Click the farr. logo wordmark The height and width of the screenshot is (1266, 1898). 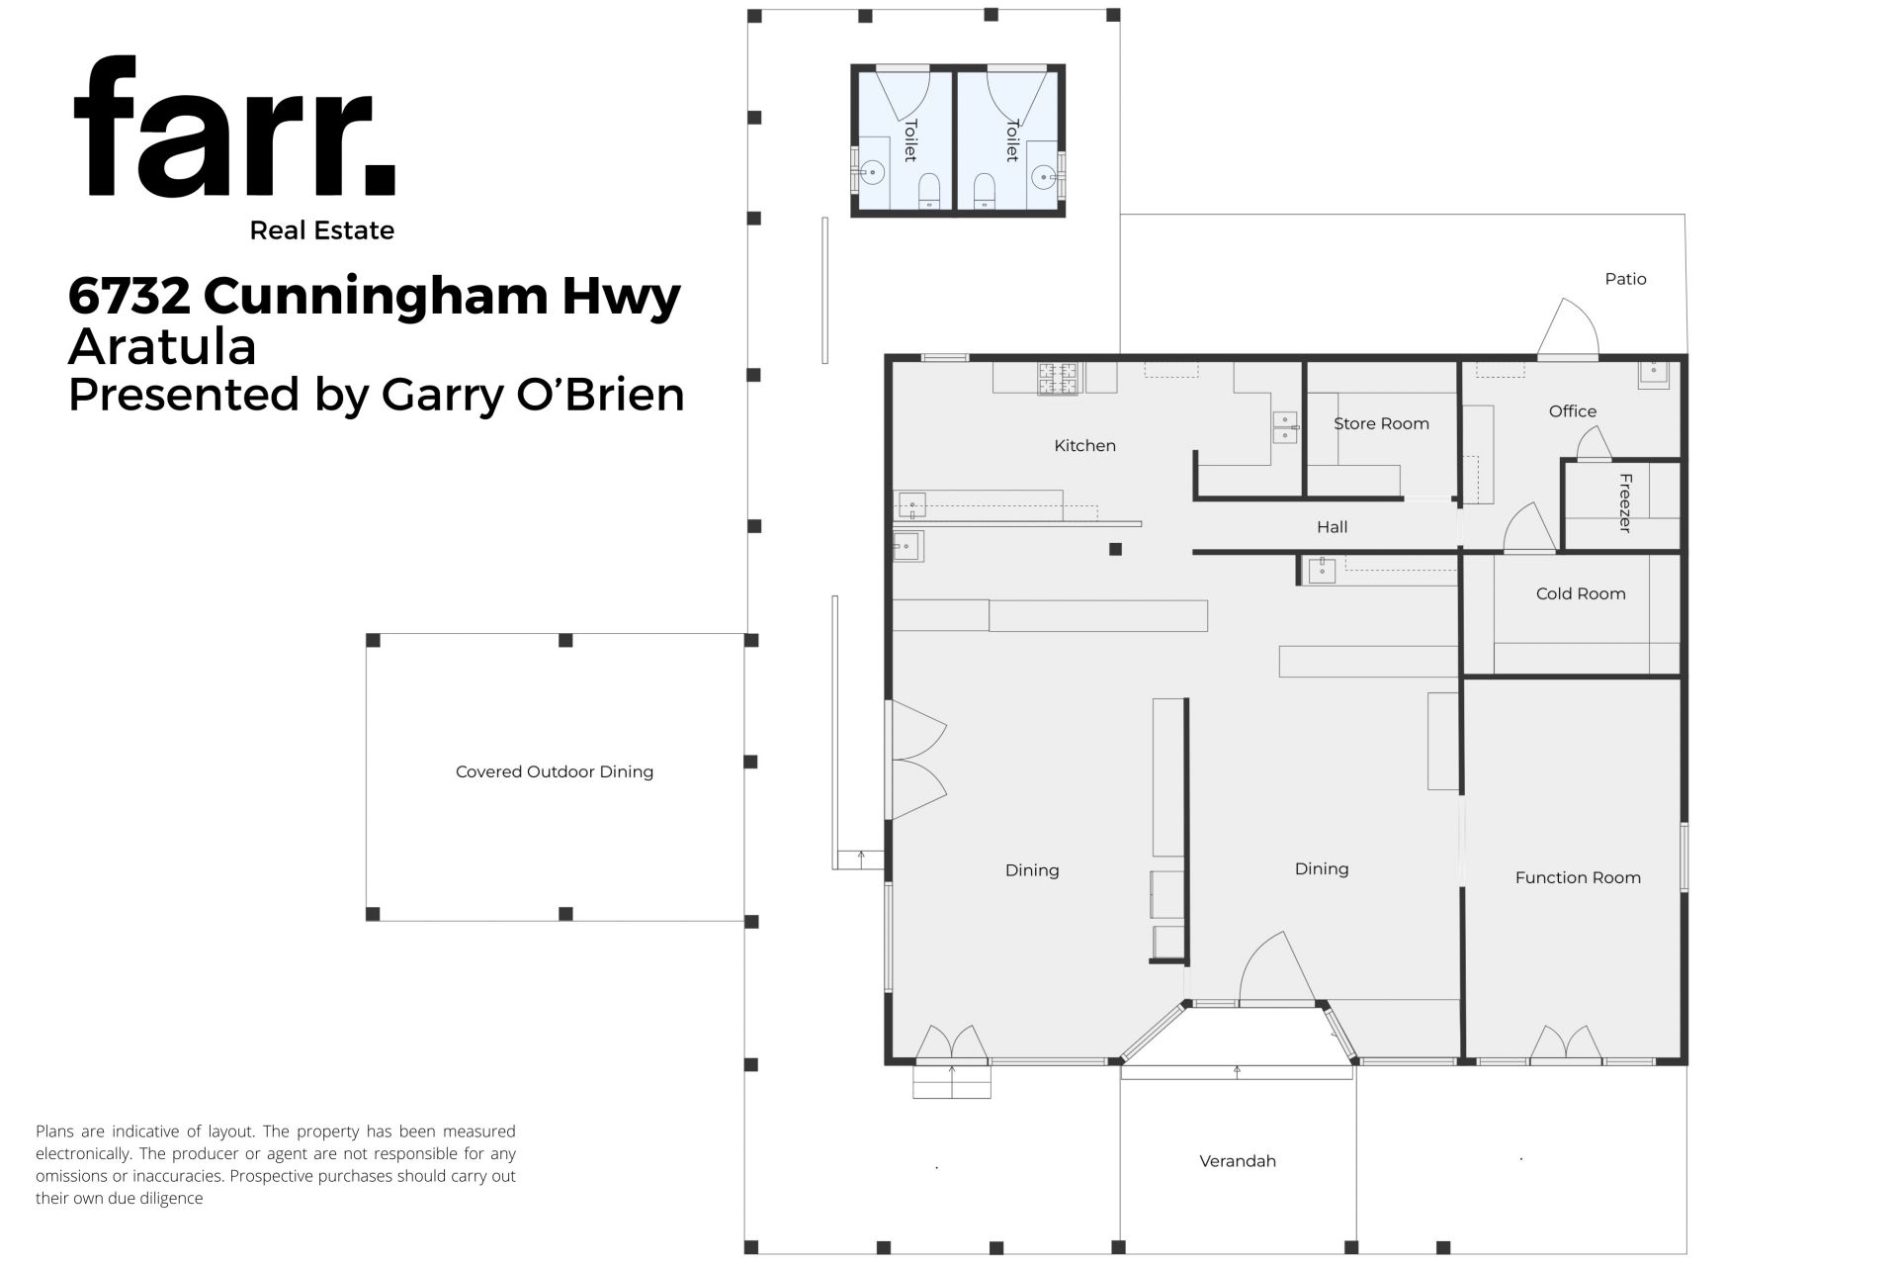[235, 128]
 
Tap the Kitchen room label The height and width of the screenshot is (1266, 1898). [1084, 446]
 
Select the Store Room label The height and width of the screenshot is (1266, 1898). [1381, 424]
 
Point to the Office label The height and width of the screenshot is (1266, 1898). [1573, 411]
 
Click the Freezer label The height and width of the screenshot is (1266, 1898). [1625, 503]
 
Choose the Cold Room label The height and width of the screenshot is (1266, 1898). [1581, 594]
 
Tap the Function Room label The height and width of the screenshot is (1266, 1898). [1578, 878]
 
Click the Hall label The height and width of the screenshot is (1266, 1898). [1332, 527]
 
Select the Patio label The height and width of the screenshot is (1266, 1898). [1625, 279]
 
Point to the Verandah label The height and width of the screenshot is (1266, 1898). [1238, 1161]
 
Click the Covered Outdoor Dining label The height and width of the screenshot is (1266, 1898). [555, 771]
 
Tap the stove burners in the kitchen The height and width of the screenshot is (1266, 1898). [1057, 379]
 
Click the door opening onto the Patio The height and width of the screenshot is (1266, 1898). [1568, 328]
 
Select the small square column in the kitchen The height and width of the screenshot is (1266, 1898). [1115, 550]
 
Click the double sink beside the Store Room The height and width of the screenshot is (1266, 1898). [1284, 426]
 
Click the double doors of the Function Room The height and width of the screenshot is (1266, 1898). [1567, 1044]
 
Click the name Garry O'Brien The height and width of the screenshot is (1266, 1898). [533, 395]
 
